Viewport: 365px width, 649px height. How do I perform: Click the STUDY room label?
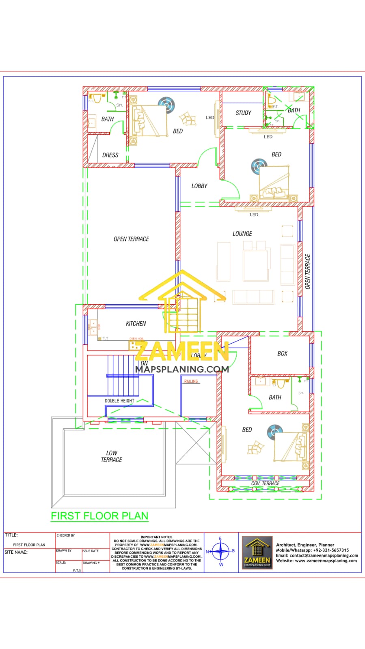pyautogui.click(x=243, y=113)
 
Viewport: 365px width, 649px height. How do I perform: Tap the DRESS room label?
pyautogui.click(x=110, y=155)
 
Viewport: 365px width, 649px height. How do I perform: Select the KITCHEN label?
pyautogui.click(x=136, y=324)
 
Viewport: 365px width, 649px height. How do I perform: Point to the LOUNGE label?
pyautogui.click(x=242, y=234)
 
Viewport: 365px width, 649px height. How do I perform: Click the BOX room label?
pyautogui.click(x=282, y=354)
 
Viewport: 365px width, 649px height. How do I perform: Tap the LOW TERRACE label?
pyautogui.click(x=111, y=456)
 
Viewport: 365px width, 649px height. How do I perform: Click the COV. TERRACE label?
pyautogui.click(x=265, y=484)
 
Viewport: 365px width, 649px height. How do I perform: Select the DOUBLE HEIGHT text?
pyautogui.click(x=119, y=401)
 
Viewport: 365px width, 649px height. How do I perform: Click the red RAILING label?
pyautogui.click(x=191, y=381)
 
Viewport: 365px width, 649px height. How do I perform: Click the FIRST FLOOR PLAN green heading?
pyautogui.click(x=99, y=516)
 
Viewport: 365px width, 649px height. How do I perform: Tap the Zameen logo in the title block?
pyautogui.click(x=257, y=552)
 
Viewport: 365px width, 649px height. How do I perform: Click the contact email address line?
pyautogui.click(x=317, y=556)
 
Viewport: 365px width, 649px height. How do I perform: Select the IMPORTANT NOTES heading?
pyautogui.click(x=157, y=537)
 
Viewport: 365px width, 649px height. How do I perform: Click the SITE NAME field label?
pyautogui.click(x=16, y=552)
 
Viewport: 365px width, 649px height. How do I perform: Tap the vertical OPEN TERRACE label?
pyautogui.click(x=307, y=272)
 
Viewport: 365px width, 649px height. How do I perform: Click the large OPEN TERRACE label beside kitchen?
pyautogui.click(x=131, y=239)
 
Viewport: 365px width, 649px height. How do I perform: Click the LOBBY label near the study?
pyautogui.click(x=199, y=186)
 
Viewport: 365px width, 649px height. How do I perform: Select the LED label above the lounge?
pyautogui.click(x=254, y=215)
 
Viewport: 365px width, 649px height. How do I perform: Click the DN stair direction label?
pyautogui.click(x=144, y=363)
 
